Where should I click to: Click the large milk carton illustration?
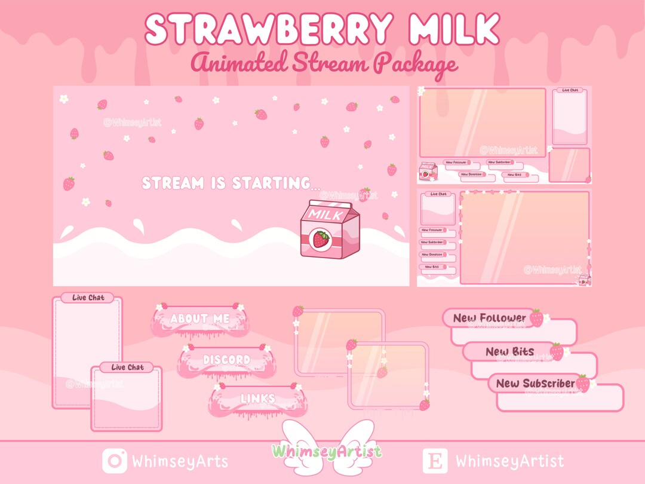click(x=330, y=230)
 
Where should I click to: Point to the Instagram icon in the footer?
click(x=114, y=461)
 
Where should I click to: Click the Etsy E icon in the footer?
click(x=435, y=461)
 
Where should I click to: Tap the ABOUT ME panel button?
click(x=199, y=319)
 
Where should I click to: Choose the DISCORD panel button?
click(x=226, y=360)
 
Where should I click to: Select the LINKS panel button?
click(x=258, y=399)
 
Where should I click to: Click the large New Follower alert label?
click(x=490, y=318)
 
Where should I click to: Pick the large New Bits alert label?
click(x=509, y=351)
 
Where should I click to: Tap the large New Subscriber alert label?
click(x=535, y=383)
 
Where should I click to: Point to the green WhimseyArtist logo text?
click(x=326, y=451)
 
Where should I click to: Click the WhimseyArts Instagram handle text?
click(x=180, y=461)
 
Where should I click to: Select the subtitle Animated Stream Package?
click(x=324, y=63)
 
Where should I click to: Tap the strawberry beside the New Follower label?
click(x=537, y=318)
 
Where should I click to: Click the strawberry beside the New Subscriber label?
click(x=583, y=383)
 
